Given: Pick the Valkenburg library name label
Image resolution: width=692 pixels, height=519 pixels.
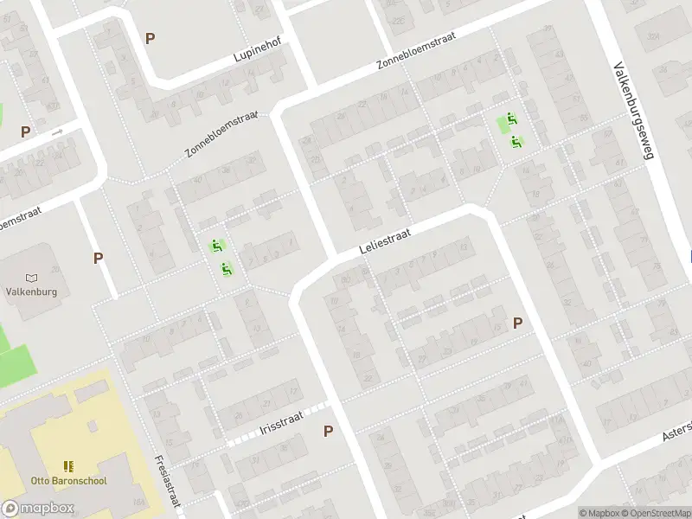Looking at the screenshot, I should [31, 292].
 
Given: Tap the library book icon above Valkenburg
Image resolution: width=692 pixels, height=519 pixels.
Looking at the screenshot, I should [32, 278].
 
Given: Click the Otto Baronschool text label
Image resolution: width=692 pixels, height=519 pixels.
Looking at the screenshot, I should [68, 480].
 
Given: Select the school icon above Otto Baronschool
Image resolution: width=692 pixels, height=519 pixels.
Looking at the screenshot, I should [68, 466].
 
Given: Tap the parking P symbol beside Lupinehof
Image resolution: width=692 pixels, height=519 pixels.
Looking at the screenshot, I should [151, 39].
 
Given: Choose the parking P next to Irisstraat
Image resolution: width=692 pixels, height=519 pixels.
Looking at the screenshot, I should [329, 431].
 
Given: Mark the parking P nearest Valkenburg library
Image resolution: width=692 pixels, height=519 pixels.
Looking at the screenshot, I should [99, 258].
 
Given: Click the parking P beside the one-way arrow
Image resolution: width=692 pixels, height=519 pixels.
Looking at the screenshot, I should [26, 132].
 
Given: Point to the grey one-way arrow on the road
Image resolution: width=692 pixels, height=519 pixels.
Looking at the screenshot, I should [57, 132].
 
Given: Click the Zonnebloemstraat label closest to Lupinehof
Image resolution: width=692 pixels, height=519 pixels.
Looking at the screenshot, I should [221, 134].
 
